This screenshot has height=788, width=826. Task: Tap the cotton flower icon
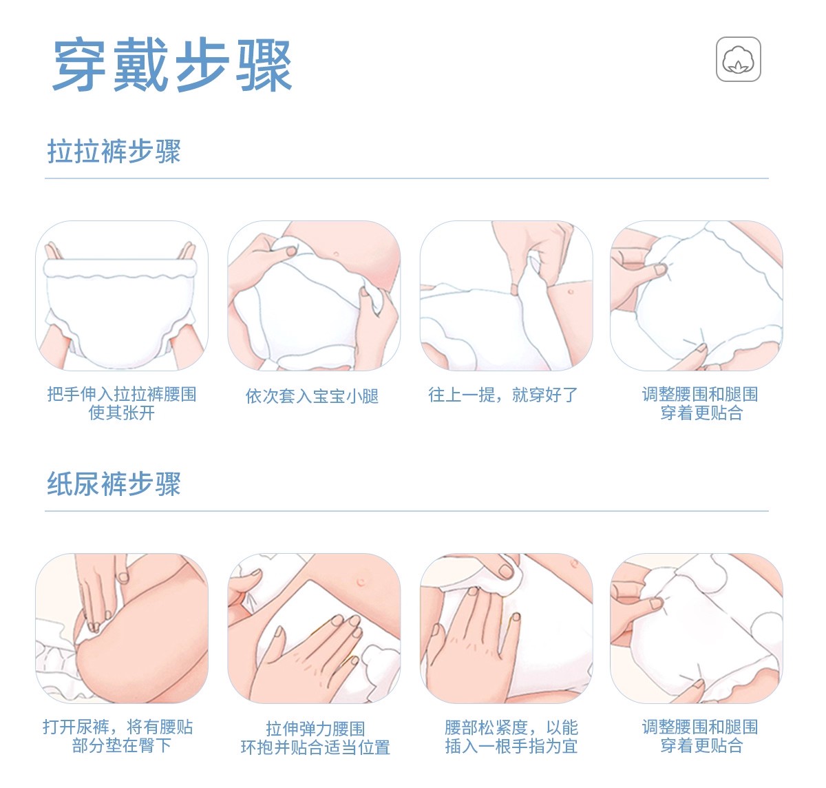(x=738, y=59)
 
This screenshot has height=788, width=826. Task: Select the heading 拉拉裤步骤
(x=114, y=152)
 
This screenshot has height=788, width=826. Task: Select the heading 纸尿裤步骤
(x=114, y=484)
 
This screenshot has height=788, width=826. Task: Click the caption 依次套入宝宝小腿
(x=313, y=396)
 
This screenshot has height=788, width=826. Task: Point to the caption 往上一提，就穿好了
(x=503, y=395)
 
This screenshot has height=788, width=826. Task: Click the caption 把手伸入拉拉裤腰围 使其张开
(x=122, y=404)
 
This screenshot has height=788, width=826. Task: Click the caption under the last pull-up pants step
(x=700, y=404)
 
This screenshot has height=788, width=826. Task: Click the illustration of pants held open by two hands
(x=122, y=295)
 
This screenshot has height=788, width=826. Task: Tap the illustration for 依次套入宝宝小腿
(x=314, y=295)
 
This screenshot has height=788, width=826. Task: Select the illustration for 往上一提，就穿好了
(x=507, y=295)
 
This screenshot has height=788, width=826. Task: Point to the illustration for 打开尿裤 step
(x=122, y=628)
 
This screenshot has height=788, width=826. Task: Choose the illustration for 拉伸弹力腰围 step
(x=314, y=628)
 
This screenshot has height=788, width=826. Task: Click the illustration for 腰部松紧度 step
(x=507, y=628)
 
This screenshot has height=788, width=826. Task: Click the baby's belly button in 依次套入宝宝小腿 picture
(x=336, y=254)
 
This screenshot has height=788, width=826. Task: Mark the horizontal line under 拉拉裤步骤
(x=407, y=178)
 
